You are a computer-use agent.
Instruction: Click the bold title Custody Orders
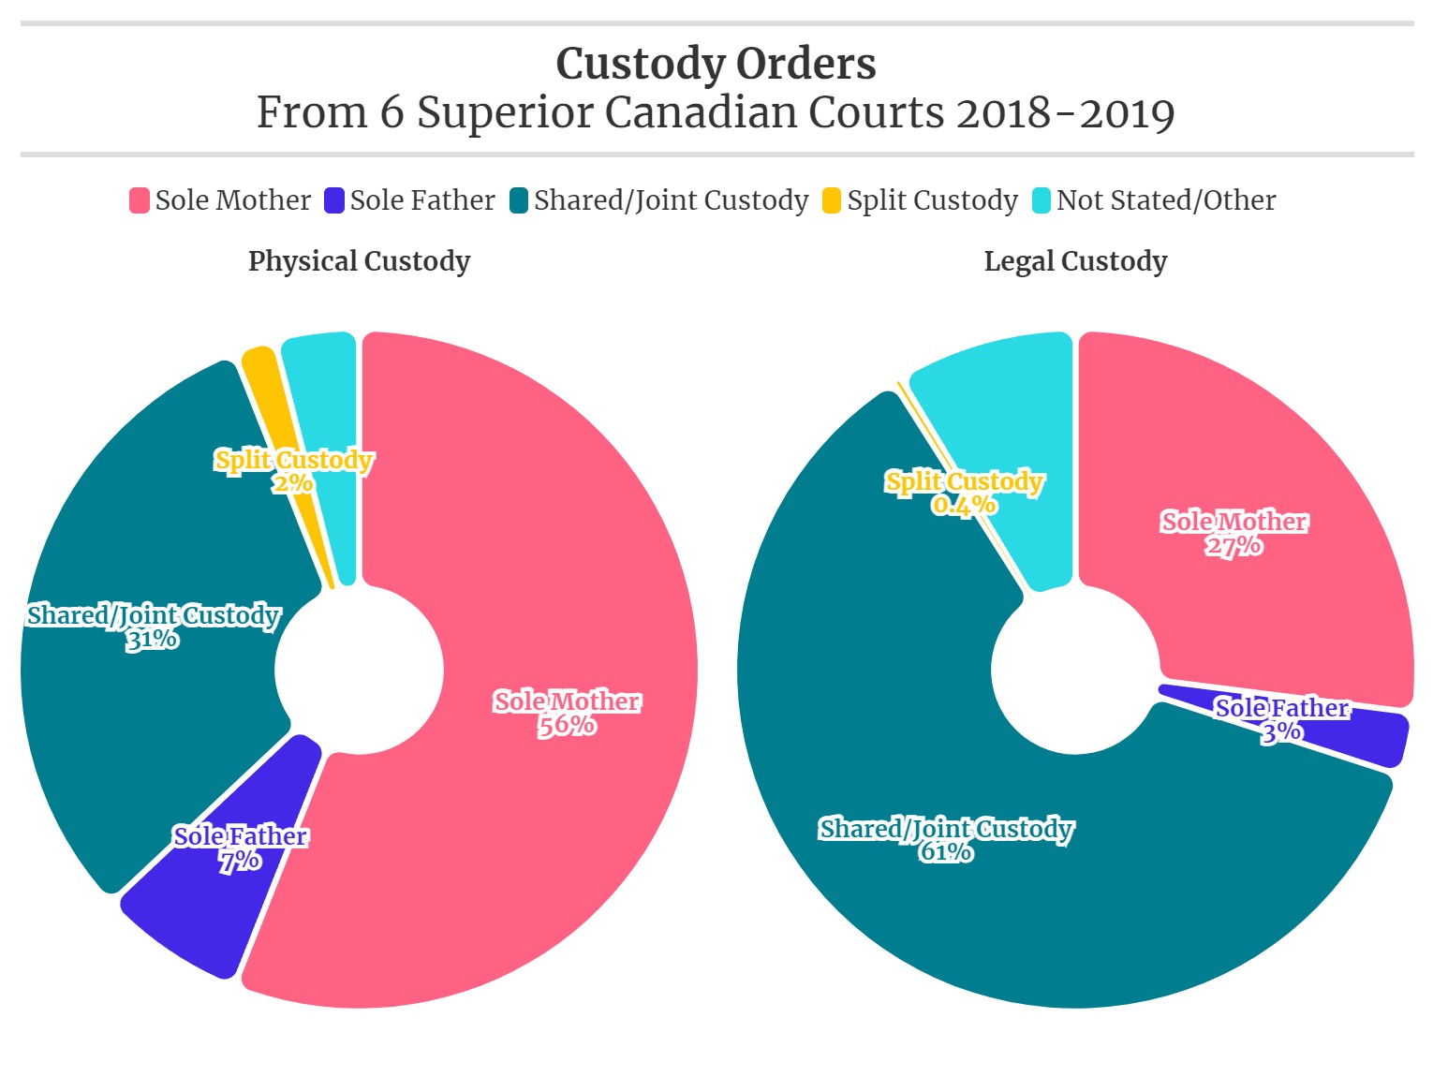pos(716,64)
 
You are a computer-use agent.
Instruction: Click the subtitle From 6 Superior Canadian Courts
pos(716,113)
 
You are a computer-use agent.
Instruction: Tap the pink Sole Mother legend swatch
pos(140,200)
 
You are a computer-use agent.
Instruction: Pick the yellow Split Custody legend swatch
pos(832,200)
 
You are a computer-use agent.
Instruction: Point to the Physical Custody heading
pos(359,261)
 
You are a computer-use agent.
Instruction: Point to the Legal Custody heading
pos(1075,261)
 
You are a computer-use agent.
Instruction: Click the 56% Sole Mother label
pos(567,714)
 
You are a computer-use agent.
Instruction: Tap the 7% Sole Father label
pos(241,848)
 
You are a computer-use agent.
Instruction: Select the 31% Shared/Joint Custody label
pos(153,627)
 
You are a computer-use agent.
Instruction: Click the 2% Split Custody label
pos(293,471)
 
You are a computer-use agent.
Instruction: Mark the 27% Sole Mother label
pos(1234,534)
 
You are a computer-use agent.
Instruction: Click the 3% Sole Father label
pos(1281,719)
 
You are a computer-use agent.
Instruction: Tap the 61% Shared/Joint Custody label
pos(946,840)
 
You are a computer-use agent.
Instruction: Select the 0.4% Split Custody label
pos(964,493)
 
